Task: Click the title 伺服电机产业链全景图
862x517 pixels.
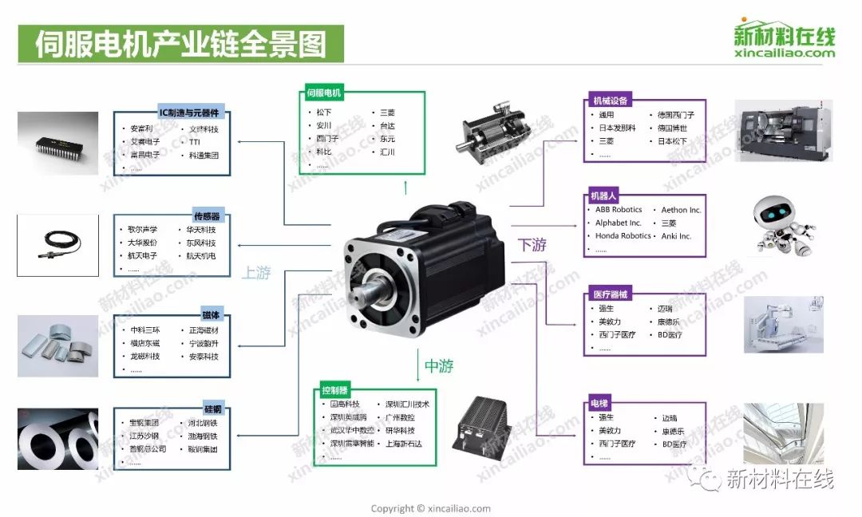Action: coord(180,44)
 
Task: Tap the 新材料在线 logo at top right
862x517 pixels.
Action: coord(784,39)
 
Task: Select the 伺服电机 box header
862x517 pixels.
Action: coord(323,93)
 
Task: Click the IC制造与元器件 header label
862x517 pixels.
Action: coord(188,112)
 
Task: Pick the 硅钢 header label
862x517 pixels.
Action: coord(212,409)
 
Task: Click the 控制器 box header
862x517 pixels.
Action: coord(334,390)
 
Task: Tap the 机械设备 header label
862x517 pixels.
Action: coord(610,101)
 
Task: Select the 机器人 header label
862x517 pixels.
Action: coord(603,195)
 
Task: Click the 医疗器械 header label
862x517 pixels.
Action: coord(610,294)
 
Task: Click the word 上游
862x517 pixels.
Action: coord(256,273)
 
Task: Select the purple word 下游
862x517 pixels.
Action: coord(532,245)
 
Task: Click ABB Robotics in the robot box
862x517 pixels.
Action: coord(619,210)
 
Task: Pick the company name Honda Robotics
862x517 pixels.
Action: coord(623,236)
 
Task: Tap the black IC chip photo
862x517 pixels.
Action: coord(58,144)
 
